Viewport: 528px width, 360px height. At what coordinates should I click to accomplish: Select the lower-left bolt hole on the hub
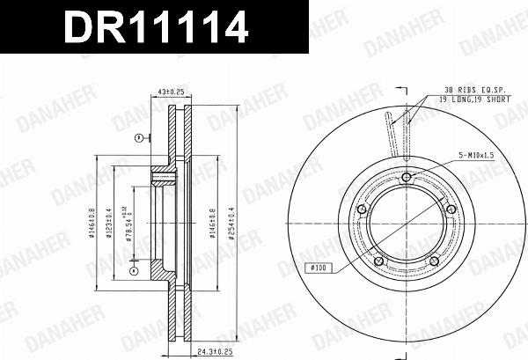378,261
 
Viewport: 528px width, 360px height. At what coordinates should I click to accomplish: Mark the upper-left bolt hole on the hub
362,209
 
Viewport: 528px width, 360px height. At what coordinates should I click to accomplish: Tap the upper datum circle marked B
137,139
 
